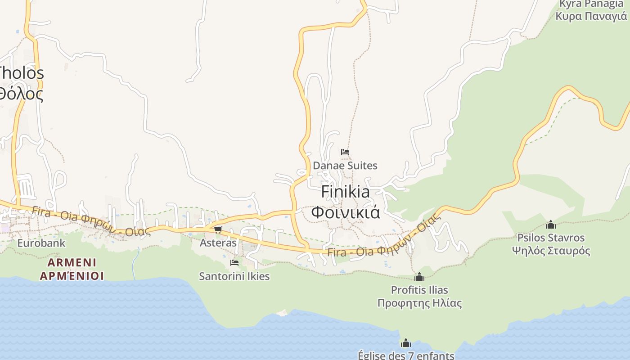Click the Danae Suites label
point(345,166)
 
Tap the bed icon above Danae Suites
point(345,152)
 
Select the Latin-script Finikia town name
point(346,192)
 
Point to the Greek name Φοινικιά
point(346,212)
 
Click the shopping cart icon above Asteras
point(218,230)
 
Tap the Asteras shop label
point(218,243)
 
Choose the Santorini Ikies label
point(234,276)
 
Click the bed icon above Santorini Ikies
point(234,263)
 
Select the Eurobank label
point(41,243)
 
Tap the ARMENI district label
point(72,262)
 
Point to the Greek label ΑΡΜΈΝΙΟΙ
point(72,275)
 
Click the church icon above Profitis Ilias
point(419,277)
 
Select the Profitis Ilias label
point(419,290)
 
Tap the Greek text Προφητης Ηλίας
point(419,303)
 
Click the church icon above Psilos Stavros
point(551,225)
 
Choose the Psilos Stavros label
point(551,238)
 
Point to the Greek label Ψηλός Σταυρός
point(551,251)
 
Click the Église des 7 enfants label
point(406,355)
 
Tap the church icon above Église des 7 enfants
point(406,343)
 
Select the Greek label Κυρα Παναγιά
point(591,16)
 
